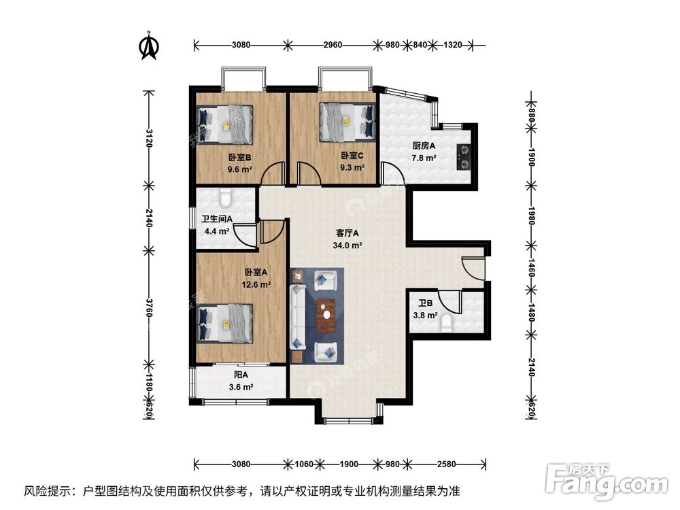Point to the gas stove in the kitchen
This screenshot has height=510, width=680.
(x=464, y=155)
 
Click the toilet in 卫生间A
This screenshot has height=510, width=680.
(x=226, y=197)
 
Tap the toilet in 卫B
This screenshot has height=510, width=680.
(x=447, y=322)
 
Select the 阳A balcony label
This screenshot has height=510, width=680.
(x=240, y=375)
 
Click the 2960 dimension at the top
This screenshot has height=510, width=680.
(x=333, y=46)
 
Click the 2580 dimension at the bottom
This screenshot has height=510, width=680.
(x=446, y=464)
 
